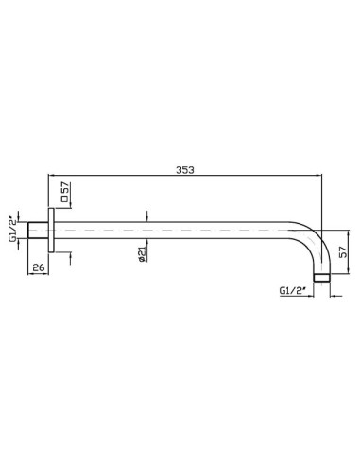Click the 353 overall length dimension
pos(185,170)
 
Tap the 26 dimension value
pos(39,267)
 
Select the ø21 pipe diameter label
pos(142,254)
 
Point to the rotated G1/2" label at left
pos(12,229)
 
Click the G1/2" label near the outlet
pos(293,290)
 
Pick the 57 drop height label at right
pos(343,252)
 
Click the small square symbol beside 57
pos(65,198)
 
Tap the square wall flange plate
pos(51,231)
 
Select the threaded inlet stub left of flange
pos(38,231)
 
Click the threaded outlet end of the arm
pos(321,278)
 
